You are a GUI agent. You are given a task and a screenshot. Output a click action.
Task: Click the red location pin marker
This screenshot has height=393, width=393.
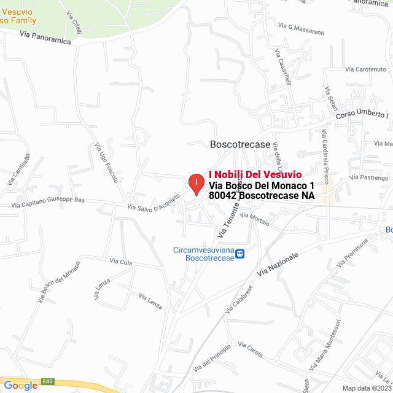195,184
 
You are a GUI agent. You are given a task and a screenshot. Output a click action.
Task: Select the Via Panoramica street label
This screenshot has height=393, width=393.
45,38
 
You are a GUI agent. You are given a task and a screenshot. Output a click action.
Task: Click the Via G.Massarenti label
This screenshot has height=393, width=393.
301,26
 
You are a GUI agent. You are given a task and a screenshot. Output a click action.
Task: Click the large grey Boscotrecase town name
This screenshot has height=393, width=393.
240,144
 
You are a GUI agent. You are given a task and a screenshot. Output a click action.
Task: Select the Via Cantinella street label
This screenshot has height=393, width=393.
18,169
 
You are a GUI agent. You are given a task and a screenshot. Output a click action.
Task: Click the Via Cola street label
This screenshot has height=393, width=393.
121,262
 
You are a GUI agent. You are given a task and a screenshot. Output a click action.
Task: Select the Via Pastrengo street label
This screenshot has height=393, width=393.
369,177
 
